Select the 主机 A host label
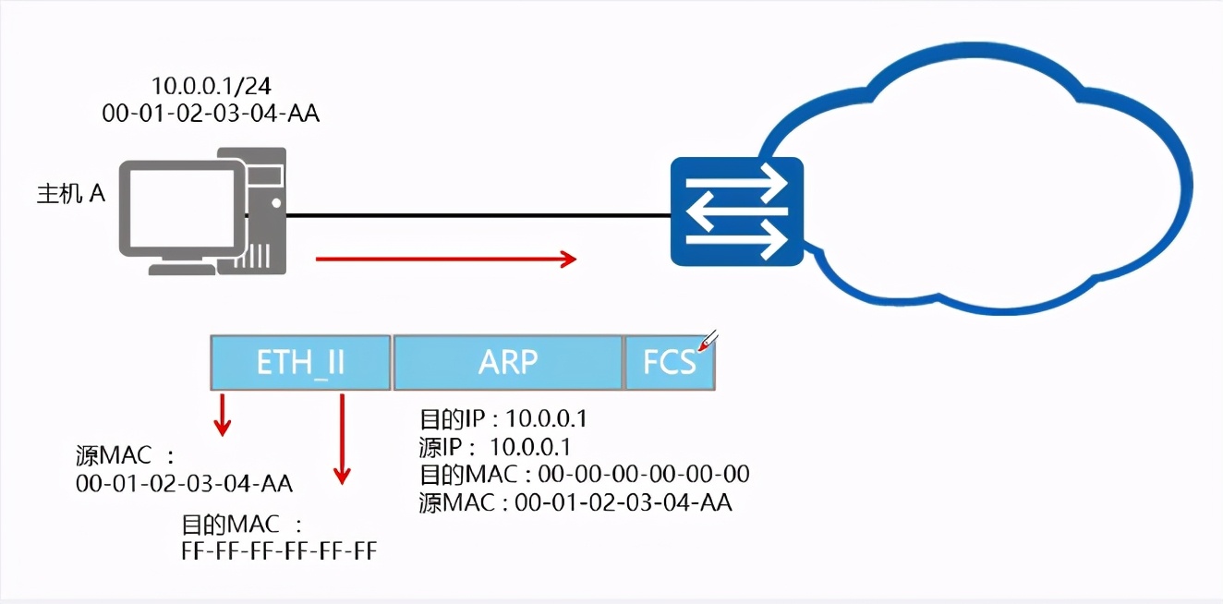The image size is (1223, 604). tap(71, 195)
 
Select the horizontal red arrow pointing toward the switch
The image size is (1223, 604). tap(446, 260)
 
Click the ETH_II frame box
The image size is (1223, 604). tap(300, 362)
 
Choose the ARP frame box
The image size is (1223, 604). tap(508, 362)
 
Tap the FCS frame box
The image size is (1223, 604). tap(670, 362)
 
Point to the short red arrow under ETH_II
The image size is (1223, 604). tap(222, 415)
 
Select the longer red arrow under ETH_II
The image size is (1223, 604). tap(343, 438)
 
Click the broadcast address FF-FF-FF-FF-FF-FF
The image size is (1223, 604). tap(279, 551)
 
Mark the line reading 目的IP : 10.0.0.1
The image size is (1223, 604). tap(503, 419)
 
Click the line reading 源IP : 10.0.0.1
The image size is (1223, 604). tap(494, 447)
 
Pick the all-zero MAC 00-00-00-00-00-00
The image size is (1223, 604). tap(644, 475)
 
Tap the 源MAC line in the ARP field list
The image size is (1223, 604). tap(575, 502)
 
